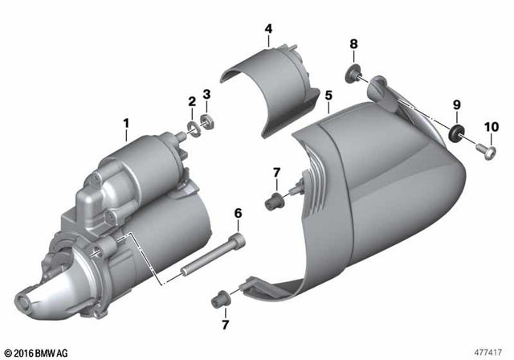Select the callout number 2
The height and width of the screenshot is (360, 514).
(192, 101)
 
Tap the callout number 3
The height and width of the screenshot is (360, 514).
(206, 95)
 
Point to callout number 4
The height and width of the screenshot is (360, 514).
(268, 29)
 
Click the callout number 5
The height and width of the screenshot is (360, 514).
(328, 95)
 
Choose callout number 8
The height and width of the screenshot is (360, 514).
(353, 43)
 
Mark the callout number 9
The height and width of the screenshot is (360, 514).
(457, 104)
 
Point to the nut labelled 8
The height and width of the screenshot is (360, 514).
(354, 76)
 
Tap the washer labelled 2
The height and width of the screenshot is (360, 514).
(194, 128)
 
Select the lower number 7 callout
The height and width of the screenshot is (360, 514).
(226, 325)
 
